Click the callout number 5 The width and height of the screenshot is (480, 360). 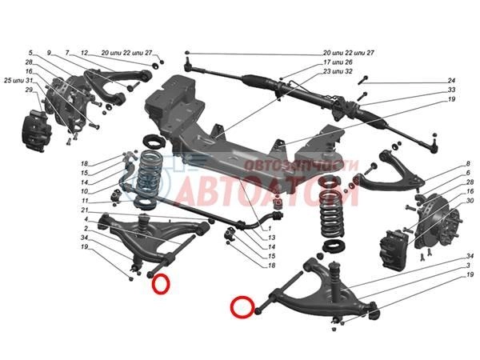click(30, 52)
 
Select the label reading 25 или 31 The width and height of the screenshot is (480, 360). click(18, 80)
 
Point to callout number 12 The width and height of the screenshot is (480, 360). click(85, 52)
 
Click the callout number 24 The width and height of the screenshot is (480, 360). click(451, 81)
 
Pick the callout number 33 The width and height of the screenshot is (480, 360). click(451, 90)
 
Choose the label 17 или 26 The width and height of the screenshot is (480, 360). click(337, 62)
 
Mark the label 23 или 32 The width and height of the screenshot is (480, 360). click(337, 71)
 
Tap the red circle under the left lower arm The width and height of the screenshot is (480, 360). click(162, 283)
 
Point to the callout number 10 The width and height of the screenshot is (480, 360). click(84, 191)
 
